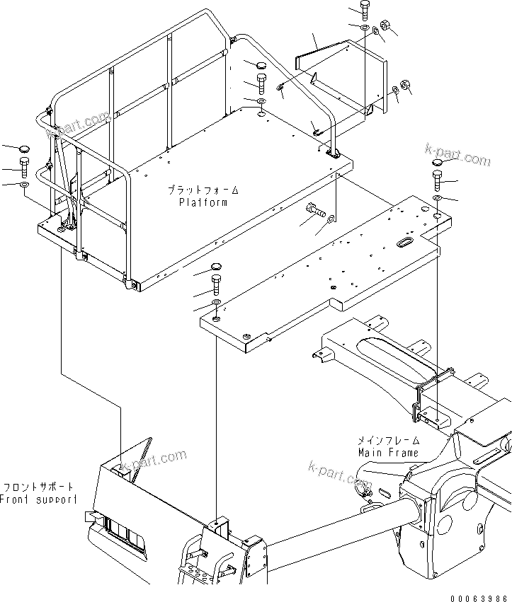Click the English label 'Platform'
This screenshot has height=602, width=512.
(203, 202)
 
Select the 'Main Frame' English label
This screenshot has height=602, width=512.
(387, 453)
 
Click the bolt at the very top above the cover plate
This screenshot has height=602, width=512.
(364, 11)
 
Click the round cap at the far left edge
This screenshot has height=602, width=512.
(23, 150)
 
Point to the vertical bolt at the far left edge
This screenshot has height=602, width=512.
(24, 168)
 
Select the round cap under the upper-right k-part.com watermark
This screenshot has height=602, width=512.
(437, 161)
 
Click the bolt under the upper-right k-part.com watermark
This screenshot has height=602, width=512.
(437, 180)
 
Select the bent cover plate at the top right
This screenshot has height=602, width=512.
(343, 71)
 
